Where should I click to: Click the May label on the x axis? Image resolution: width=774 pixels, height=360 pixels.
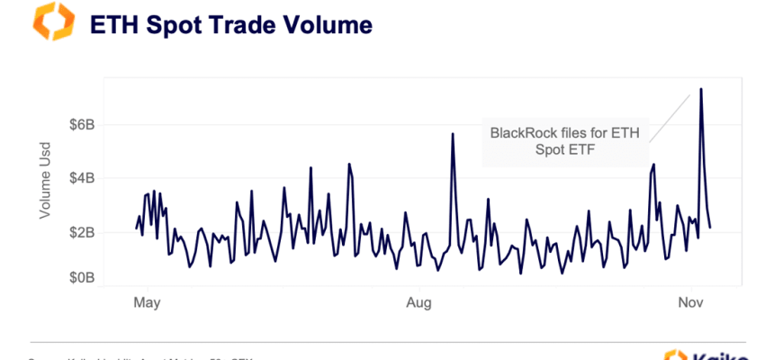tap(147, 302)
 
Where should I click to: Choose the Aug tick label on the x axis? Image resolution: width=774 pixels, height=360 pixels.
tap(418, 302)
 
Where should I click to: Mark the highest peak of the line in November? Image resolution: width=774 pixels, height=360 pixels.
tap(700, 88)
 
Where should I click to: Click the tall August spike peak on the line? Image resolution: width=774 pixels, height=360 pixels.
tap(453, 134)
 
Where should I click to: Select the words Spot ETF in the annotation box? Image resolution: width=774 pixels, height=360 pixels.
tap(564, 150)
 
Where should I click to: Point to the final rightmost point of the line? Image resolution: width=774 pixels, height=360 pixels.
tap(710, 228)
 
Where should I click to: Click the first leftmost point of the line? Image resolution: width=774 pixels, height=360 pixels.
tap(137, 229)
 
